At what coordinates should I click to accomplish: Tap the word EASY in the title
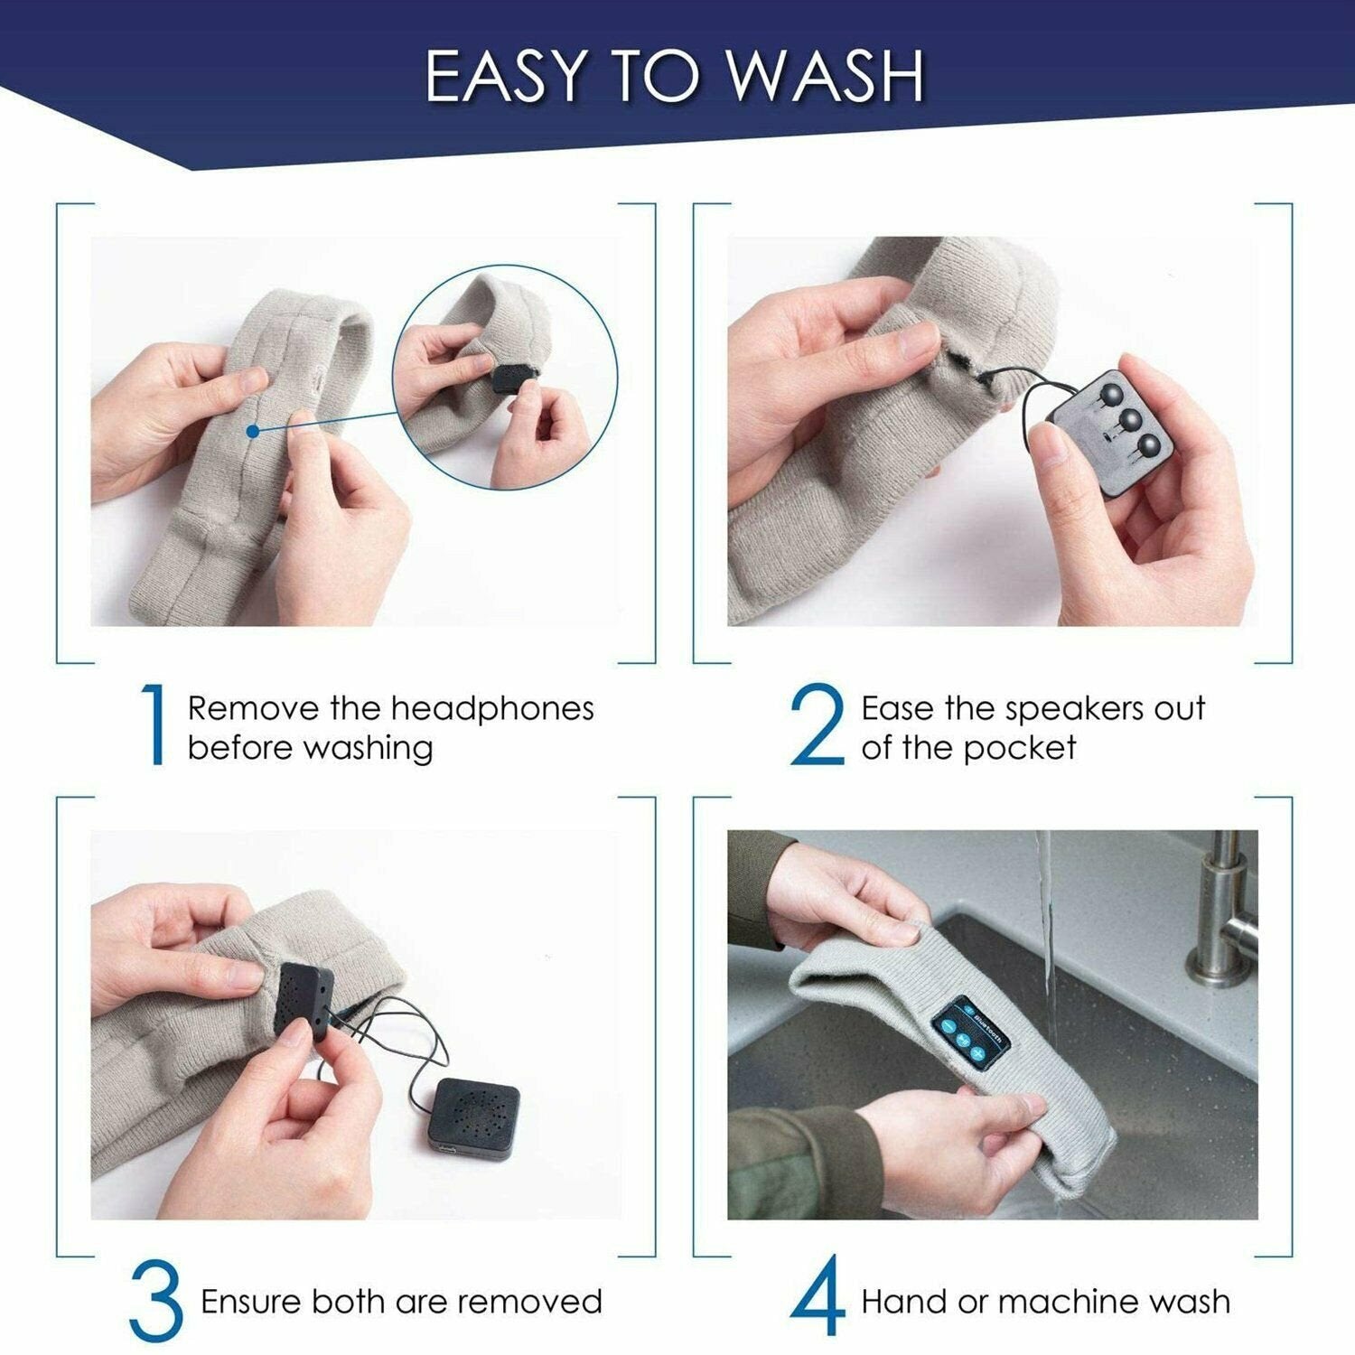(504, 78)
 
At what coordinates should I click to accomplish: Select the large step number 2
(818, 726)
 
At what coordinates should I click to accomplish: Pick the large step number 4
(818, 1298)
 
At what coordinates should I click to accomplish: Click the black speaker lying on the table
(474, 1117)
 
